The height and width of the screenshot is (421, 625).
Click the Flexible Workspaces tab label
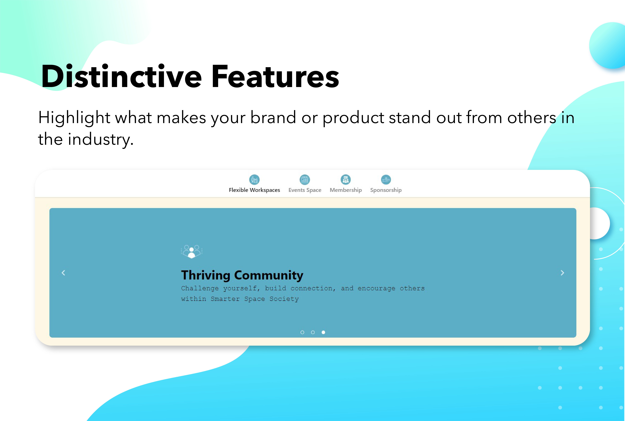tap(254, 190)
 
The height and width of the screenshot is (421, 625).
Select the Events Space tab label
tap(305, 190)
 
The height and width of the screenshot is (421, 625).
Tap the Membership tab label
tap(346, 190)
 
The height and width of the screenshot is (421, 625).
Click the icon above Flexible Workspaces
tap(254, 180)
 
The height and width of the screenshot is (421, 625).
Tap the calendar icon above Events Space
tap(305, 180)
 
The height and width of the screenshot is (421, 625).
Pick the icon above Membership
tap(346, 180)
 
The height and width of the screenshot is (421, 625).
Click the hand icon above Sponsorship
tap(386, 180)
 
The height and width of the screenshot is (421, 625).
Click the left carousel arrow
tap(63, 273)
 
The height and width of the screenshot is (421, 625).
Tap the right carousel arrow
tap(562, 273)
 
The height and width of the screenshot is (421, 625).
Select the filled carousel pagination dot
tap(323, 332)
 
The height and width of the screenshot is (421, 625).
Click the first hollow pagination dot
tap(302, 332)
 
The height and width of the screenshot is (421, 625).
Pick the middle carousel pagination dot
tap(313, 332)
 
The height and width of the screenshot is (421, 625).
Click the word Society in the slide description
tap(284, 299)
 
